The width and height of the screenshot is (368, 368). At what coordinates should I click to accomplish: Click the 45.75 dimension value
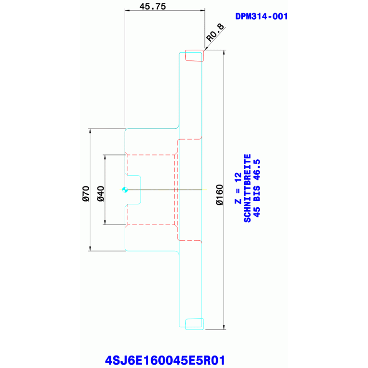pos(153,6)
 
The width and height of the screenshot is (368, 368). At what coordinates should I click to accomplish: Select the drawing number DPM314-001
pos(261,16)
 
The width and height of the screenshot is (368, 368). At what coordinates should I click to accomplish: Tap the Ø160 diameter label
pos(219,195)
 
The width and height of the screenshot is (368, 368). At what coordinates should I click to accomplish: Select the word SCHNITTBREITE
pos(248,188)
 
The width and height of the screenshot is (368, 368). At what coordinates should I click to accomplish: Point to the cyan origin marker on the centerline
pos(124,190)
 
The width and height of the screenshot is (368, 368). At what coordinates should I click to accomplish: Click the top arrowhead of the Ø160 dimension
pos(224,51)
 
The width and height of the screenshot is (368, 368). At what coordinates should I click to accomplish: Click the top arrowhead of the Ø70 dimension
pos(90,130)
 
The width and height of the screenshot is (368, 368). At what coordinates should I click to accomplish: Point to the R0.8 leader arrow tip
pos(205,49)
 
